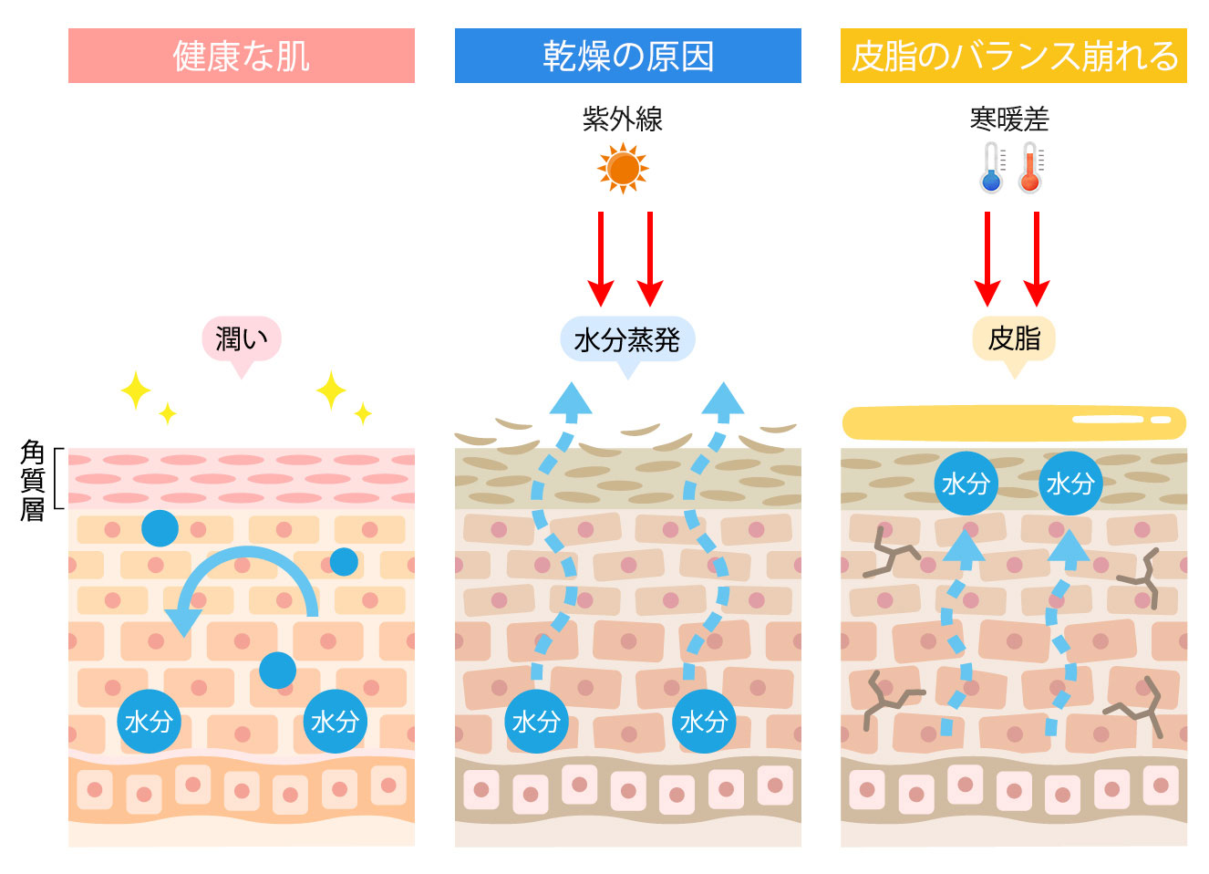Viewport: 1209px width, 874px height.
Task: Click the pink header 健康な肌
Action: click(241, 56)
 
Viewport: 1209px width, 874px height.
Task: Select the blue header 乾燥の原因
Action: click(627, 56)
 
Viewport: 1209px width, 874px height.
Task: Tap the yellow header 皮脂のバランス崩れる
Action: click(1013, 56)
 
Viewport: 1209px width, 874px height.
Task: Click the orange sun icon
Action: click(623, 169)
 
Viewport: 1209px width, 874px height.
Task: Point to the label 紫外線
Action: click(623, 119)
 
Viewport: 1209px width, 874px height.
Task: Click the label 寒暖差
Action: click(1009, 119)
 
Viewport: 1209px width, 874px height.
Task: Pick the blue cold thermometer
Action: click(992, 168)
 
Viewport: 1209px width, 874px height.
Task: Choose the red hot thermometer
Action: click(1030, 168)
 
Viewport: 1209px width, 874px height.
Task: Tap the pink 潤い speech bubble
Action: click(242, 339)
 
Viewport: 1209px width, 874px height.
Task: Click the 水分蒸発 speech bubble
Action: click(627, 339)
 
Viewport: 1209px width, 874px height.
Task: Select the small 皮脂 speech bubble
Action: click(1014, 338)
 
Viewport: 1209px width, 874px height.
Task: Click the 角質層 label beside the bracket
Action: click(33, 480)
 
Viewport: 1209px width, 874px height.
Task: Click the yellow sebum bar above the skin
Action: click(1013, 422)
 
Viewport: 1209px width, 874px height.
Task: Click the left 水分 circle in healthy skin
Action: click(149, 722)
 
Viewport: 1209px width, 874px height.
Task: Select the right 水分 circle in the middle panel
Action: click(703, 722)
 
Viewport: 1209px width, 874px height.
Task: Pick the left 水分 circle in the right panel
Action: click(966, 484)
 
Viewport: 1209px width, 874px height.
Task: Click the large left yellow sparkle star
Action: click(136, 390)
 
